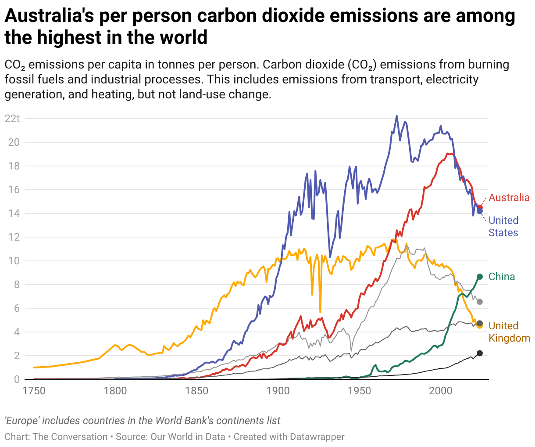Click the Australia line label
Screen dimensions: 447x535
point(509,198)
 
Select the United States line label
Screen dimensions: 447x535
point(503,227)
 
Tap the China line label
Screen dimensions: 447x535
point(502,277)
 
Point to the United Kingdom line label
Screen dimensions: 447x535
point(509,332)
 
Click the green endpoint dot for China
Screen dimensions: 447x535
point(480,277)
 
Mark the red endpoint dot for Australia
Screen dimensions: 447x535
point(480,207)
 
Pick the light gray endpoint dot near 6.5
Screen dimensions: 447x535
point(480,302)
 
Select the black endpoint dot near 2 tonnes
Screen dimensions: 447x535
point(480,353)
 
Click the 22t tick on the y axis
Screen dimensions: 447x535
point(12,119)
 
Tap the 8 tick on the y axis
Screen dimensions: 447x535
point(17,285)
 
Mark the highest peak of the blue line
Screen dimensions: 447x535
point(397,116)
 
